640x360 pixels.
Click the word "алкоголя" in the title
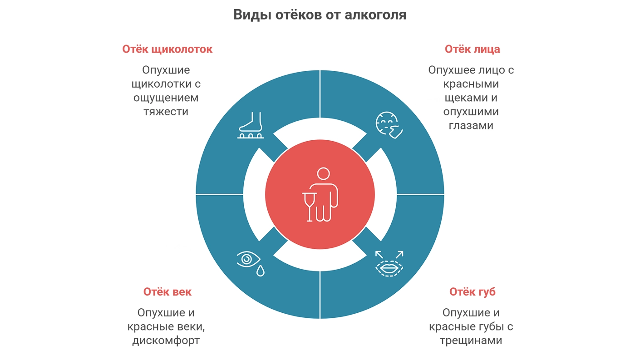[x=375, y=15]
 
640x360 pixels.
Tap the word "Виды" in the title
[x=252, y=15]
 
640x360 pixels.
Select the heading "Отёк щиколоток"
[x=167, y=49]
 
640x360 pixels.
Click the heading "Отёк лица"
[x=473, y=49]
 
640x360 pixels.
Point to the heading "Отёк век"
[x=167, y=292]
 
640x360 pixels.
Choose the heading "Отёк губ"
[x=473, y=292]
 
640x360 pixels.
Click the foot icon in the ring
[x=251, y=125]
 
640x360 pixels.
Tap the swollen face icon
[x=389, y=125]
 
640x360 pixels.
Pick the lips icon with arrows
[x=389, y=264]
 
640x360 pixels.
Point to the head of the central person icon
[x=324, y=173]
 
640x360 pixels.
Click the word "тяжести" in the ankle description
[x=166, y=112]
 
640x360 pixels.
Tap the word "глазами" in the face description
[x=471, y=126]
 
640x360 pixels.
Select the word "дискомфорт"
[x=166, y=341]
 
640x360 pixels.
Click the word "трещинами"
[x=471, y=341]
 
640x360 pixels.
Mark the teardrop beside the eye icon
[x=260, y=271]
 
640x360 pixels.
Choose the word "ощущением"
[x=166, y=98]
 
